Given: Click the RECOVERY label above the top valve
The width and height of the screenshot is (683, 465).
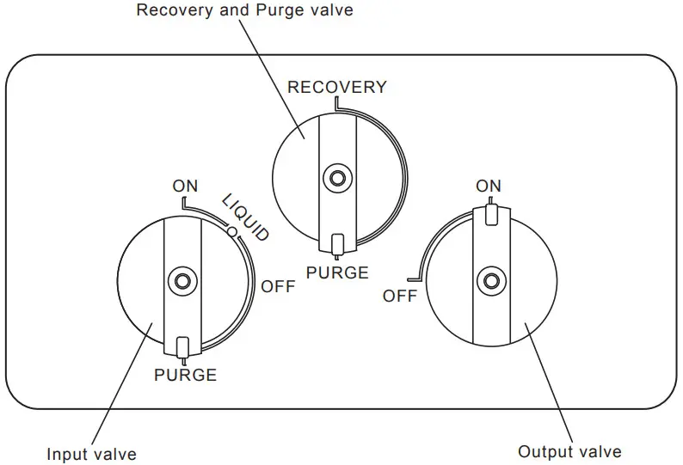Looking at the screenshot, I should click(336, 87).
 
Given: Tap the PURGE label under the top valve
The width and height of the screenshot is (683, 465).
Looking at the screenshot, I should click(337, 273).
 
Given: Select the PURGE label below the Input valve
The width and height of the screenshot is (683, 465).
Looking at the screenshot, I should click(185, 375).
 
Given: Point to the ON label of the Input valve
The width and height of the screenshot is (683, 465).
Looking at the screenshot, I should click(185, 185).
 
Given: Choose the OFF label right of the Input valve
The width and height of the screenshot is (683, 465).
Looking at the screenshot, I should click(277, 287).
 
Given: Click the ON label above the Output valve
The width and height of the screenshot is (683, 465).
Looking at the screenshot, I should click(489, 186).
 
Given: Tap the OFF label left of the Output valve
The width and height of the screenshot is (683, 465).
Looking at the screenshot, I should click(400, 296).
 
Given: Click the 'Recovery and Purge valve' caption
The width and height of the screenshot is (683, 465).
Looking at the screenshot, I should click(245, 11).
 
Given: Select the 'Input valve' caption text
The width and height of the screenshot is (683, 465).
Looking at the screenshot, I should click(91, 454).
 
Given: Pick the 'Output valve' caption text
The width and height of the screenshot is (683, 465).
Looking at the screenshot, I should click(569, 451).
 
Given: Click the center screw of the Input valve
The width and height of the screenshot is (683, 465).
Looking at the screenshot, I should click(182, 280).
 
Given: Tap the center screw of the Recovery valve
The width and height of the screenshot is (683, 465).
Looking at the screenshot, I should click(337, 178).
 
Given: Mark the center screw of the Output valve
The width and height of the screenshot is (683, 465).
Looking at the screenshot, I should click(491, 280).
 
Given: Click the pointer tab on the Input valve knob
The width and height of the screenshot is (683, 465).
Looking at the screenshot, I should click(182, 346).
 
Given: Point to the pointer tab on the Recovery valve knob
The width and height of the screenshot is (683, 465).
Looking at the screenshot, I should click(337, 244).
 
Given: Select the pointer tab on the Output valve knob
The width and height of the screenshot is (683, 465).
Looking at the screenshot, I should click(490, 214).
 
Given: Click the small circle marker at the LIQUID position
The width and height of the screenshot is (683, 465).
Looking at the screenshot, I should click(231, 230).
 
